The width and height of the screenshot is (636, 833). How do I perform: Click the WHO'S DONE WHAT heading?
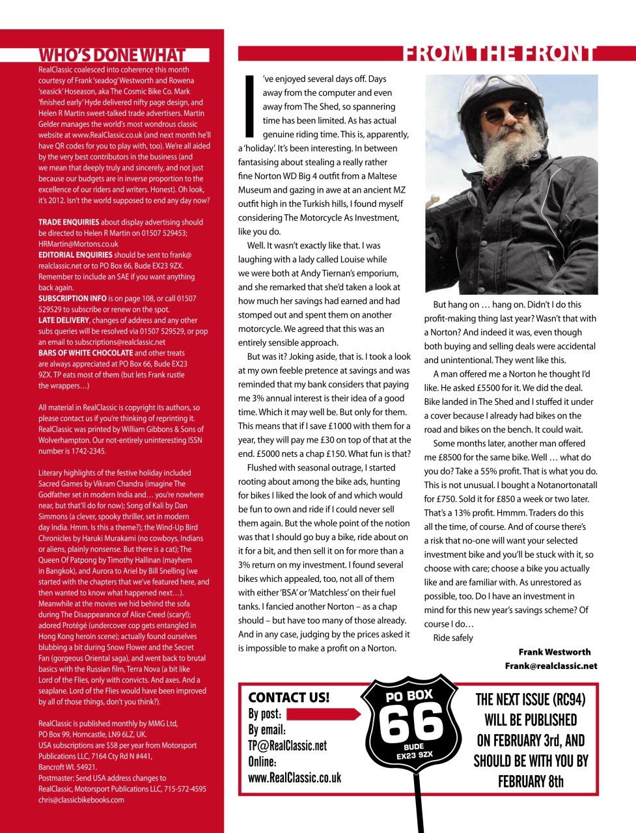tap(112, 55)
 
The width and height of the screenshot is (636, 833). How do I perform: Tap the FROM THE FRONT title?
tap(499, 53)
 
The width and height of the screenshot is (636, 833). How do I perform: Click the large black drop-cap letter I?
tap(248, 107)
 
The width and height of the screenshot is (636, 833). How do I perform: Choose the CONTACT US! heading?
tap(288, 697)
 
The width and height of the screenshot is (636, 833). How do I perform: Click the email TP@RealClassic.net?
tap(287, 746)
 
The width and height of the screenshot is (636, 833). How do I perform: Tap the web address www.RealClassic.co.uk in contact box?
tap(294, 778)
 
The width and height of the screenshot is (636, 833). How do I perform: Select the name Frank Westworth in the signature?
tap(554, 652)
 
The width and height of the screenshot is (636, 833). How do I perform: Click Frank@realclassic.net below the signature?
tap(551, 666)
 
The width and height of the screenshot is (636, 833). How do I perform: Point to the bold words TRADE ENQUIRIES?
tap(69, 222)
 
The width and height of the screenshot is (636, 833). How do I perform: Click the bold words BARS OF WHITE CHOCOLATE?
tap(85, 353)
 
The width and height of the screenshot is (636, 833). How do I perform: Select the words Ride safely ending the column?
tap(453, 638)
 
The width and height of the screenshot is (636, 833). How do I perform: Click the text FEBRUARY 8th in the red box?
tap(531, 781)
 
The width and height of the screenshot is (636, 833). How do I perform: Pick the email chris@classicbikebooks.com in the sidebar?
tap(81, 800)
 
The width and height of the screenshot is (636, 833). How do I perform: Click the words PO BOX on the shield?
tap(409, 696)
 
